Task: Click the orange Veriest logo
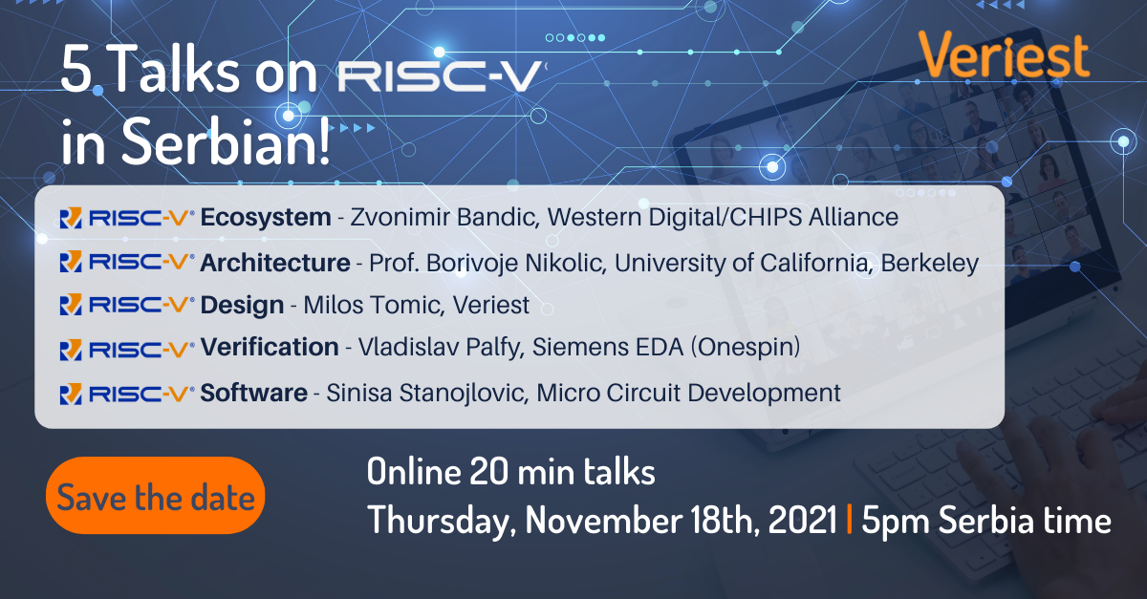1004,54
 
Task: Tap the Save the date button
155,496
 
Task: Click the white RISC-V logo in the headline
442,75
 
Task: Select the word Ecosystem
266,217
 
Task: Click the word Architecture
275,263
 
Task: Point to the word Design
242,306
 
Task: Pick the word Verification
270,347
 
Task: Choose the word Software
253,393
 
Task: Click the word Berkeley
929,263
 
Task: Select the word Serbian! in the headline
226,140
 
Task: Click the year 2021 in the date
802,520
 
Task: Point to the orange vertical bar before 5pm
850,519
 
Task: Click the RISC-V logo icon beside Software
71,395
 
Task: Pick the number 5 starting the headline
76,70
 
